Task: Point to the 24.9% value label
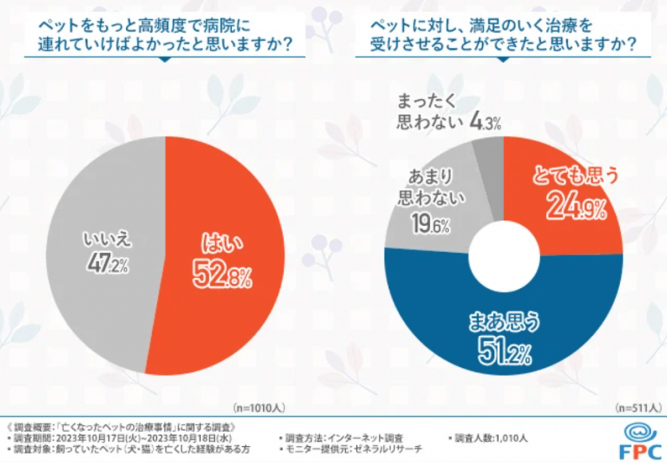pyautogui.click(x=576, y=209)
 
